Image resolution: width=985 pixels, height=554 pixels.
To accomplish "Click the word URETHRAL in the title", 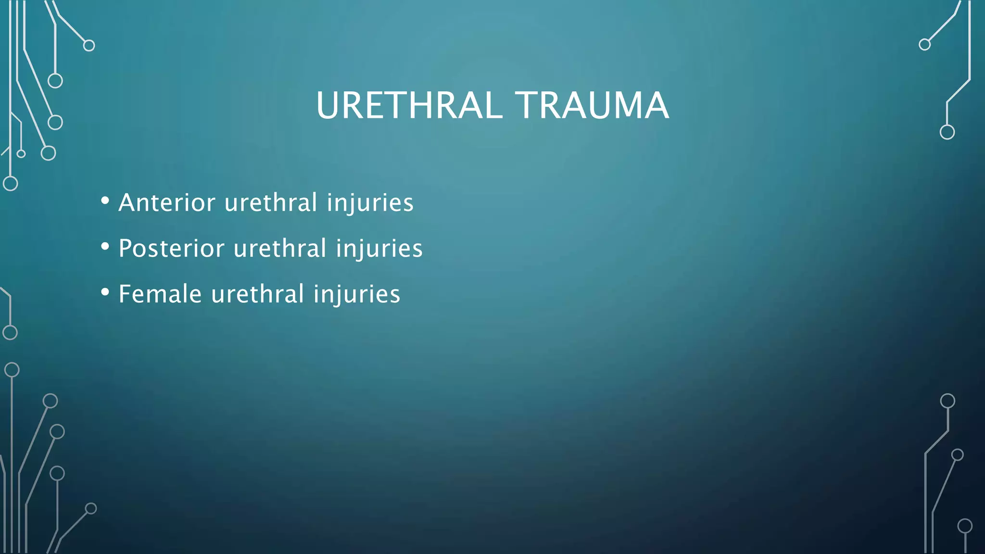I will (x=409, y=105).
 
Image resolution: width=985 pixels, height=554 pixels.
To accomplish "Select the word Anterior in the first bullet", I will (x=166, y=202).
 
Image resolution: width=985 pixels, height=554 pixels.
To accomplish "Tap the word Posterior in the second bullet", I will (x=171, y=249).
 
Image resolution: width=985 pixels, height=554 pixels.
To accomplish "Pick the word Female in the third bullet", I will (x=160, y=294).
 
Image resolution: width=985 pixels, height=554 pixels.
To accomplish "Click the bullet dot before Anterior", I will (x=105, y=201).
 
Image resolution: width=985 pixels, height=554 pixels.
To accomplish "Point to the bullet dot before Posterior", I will (x=105, y=246).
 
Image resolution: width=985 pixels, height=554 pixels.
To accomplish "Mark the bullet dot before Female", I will (x=105, y=292).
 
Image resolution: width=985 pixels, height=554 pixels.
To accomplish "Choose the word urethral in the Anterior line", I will (x=271, y=202).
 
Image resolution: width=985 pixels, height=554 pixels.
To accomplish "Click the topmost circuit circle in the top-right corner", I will (x=924, y=45).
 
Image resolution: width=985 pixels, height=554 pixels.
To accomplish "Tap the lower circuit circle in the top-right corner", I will (x=947, y=132).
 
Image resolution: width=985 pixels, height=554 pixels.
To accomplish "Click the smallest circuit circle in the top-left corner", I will (x=21, y=154).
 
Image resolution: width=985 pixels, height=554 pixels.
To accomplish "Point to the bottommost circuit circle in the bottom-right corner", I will (x=965, y=526).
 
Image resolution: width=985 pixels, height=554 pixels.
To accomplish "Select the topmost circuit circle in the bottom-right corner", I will (x=947, y=401).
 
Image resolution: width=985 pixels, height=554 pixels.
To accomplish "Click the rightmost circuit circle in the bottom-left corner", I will (x=91, y=508).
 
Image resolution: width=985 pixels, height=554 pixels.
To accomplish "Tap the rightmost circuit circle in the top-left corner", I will (x=89, y=46).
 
